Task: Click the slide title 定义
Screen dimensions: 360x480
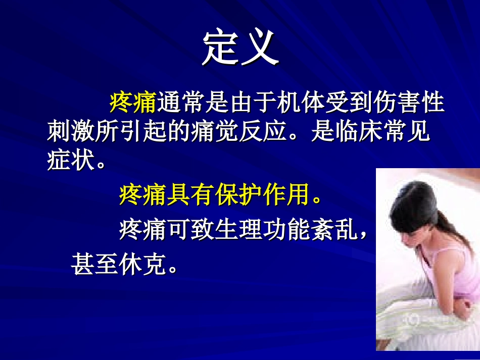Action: (241, 48)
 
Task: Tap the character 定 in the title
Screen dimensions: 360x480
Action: (221, 48)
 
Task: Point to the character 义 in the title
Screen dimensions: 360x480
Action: (260, 48)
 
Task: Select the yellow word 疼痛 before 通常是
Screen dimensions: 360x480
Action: (132, 103)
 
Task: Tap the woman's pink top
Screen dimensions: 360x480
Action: (445, 273)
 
